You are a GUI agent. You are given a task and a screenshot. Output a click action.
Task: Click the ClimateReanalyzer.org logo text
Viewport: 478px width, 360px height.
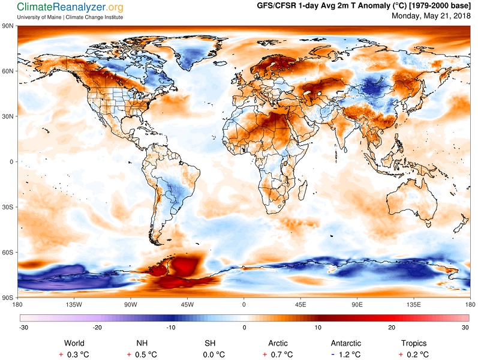click(x=70, y=7)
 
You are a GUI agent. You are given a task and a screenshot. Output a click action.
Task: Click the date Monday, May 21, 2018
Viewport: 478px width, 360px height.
click(x=431, y=16)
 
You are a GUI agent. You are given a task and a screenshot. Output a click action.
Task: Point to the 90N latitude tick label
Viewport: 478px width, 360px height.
click(x=8, y=26)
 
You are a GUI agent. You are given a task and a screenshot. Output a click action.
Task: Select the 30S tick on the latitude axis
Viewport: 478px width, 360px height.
click(x=8, y=207)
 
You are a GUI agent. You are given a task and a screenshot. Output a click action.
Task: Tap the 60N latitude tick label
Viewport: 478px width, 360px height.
click(x=8, y=71)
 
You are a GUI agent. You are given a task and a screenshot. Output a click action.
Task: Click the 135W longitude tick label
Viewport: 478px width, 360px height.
click(x=74, y=304)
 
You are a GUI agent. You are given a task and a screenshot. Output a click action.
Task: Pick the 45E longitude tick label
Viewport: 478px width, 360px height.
click(x=300, y=304)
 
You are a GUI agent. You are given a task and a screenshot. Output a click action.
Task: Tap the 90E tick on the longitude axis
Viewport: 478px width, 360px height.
click(x=357, y=304)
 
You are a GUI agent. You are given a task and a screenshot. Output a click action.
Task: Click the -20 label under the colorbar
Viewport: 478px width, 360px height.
click(x=97, y=328)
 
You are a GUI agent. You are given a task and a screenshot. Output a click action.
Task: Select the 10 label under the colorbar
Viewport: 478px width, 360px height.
click(x=318, y=328)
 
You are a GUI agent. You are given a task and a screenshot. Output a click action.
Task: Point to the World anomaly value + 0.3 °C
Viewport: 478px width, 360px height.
click(x=74, y=355)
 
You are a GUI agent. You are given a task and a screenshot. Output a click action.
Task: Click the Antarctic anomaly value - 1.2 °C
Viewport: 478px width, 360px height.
click(x=346, y=355)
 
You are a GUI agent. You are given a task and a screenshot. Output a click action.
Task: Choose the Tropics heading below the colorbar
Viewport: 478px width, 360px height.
click(x=414, y=343)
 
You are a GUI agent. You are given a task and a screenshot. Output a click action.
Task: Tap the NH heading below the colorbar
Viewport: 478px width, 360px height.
click(x=142, y=343)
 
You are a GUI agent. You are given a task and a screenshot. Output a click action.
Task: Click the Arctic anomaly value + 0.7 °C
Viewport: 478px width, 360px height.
click(x=278, y=355)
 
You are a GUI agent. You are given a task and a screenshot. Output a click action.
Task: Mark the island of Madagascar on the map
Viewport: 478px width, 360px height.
click(x=303, y=189)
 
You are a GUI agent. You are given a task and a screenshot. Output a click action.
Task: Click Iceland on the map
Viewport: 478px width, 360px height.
click(x=220, y=64)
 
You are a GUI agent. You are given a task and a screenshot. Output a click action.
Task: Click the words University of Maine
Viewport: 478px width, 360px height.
click(x=39, y=17)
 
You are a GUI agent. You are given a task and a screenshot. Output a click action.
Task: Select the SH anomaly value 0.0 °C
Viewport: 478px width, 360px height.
click(x=214, y=355)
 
